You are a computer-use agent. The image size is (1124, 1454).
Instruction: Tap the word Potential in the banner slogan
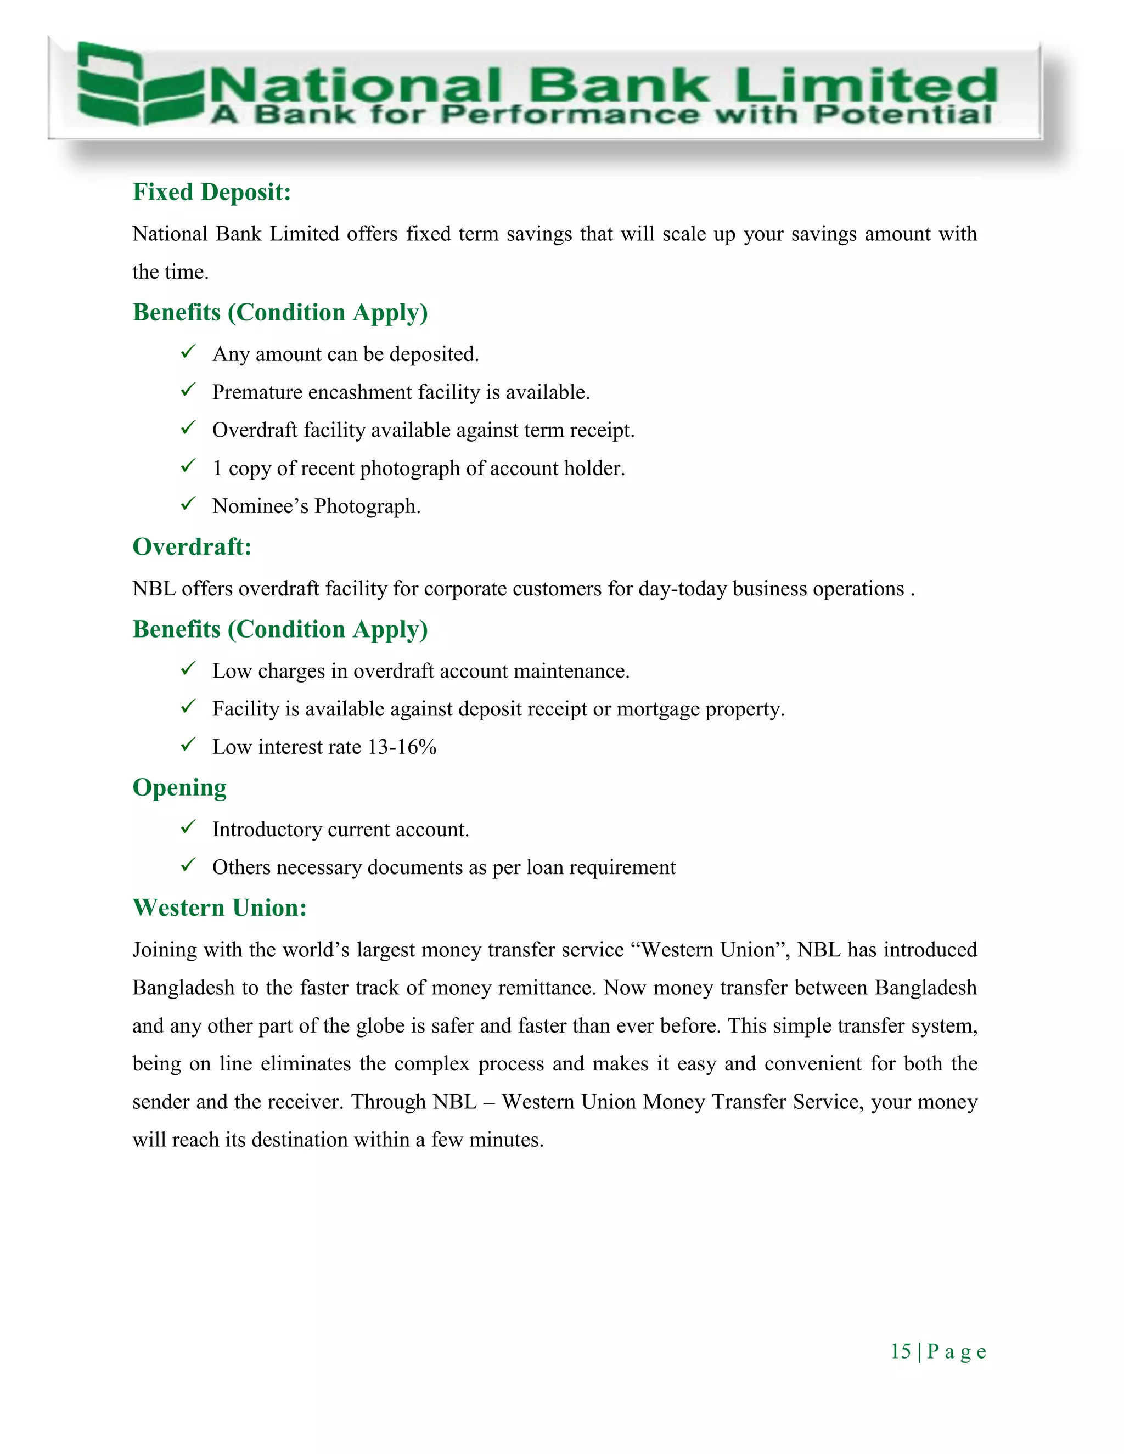pyautogui.click(x=902, y=115)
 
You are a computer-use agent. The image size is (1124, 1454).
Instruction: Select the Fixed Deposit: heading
pyautogui.click(x=212, y=193)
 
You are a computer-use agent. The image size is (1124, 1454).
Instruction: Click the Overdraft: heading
pyautogui.click(x=192, y=547)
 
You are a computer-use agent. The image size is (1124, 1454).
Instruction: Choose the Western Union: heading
pyautogui.click(x=219, y=908)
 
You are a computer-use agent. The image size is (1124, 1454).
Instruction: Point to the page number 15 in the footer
pyautogui.click(x=900, y=1351)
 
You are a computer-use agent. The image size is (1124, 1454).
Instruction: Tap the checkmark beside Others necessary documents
pyautogui.click(x=188, y=865)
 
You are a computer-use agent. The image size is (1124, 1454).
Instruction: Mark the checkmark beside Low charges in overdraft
pyautogui.click(x=188, y=668)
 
